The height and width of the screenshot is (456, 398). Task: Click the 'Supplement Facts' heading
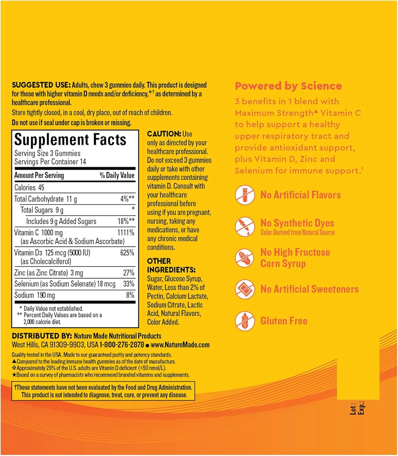[70, 140]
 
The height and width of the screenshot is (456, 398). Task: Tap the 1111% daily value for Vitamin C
[126, 233]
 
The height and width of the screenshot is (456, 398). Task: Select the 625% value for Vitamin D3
[127, 253]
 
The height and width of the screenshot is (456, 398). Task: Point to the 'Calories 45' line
[29, 188]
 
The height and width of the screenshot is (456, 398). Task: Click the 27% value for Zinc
[129, 273]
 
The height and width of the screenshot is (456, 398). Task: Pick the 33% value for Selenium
[129, 284]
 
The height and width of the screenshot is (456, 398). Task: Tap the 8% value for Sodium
[130, 295]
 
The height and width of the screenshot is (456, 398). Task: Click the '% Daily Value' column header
[117, 175]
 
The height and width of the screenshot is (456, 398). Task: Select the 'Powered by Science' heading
[288, 86]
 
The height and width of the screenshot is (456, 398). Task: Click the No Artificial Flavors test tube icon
[245, 195]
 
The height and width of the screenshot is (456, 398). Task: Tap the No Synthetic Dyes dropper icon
[245, 226]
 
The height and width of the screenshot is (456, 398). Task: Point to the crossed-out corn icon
[245, 258]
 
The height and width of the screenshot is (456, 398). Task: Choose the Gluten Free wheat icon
[245, 321]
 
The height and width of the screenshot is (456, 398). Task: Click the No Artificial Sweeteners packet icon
[245, 289]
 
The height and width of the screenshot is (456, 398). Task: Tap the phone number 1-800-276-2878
[122, 345]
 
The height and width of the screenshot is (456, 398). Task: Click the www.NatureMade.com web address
[180, 345]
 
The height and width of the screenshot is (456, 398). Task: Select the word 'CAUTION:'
[164, 134]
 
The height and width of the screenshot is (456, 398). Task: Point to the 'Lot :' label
[353, 409]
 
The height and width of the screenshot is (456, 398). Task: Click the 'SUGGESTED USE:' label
[41, 85]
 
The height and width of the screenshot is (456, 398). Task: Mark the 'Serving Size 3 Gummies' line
[47, 154]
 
